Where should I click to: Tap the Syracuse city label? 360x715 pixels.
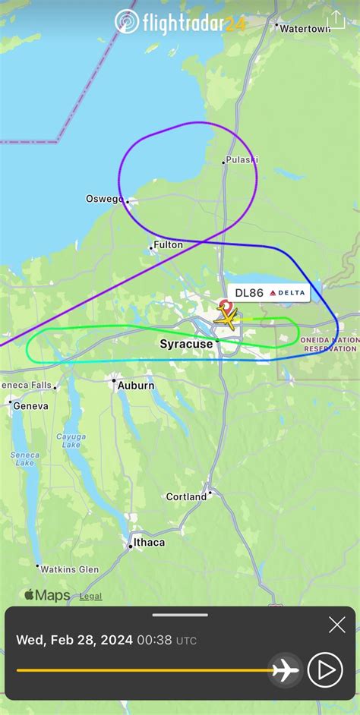[x=186, y=345]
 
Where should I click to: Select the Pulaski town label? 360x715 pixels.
[x=242, y=159]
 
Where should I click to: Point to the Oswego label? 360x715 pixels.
[x=104, y=199]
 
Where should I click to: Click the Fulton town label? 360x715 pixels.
[x=168, y=245]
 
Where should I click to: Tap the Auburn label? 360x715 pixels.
[x=136, y=386]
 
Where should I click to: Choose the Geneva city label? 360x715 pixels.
[x=30, y=406]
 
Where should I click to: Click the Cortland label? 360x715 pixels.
[x=186, y=496]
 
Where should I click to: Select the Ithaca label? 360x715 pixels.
[x=149, y=543]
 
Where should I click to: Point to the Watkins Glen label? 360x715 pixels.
[x=68, y=569]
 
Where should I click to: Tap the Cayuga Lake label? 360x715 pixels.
[x=72, y=441]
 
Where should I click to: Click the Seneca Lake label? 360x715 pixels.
[x=24, y=458]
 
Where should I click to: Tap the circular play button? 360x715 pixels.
[x=326, y=669]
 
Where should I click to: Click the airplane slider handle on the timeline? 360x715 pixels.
[x=286, y=670]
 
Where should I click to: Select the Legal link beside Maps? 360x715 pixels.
[x=90, y=597]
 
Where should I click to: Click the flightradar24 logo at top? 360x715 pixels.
[x=180, y=24]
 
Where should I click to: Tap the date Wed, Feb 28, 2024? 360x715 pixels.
[x=74, y=640]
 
